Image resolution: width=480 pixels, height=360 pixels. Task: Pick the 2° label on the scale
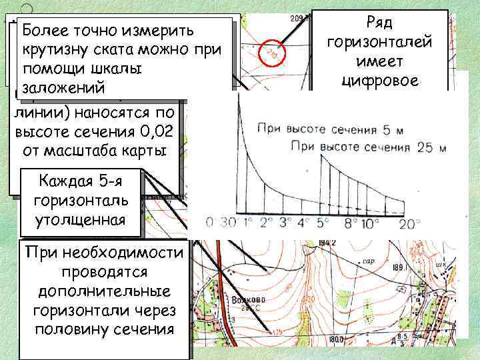(266, 222)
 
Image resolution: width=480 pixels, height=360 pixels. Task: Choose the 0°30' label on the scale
(219, 222)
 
